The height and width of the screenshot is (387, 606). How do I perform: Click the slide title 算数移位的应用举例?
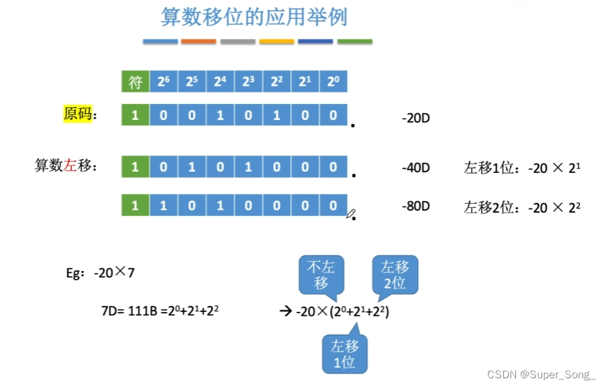[x=254, y=17]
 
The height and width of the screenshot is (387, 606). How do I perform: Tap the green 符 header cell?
[x=135, y=83]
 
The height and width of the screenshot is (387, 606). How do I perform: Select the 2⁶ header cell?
[x=163, y=83]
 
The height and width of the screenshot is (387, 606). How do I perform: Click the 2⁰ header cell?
[x=333, y=83]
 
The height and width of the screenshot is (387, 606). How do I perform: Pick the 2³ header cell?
[x=248, y=83]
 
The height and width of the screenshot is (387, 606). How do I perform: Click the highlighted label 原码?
[x=77, y=114]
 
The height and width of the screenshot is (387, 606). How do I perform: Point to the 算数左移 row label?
[x=65, y=166]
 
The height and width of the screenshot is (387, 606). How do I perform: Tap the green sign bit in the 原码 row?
[x=135, y=115]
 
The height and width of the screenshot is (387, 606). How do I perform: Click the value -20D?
[x=415, y=119]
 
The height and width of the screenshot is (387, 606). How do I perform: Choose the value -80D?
[x=415, y=206]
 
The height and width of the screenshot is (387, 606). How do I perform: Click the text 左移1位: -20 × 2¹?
[x=521, y=168]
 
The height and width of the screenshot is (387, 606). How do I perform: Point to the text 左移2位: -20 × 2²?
[x=521, y=207]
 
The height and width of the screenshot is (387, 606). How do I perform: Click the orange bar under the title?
[x=199, y=42]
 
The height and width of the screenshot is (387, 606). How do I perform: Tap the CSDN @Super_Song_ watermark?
[x=541, y=374]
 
